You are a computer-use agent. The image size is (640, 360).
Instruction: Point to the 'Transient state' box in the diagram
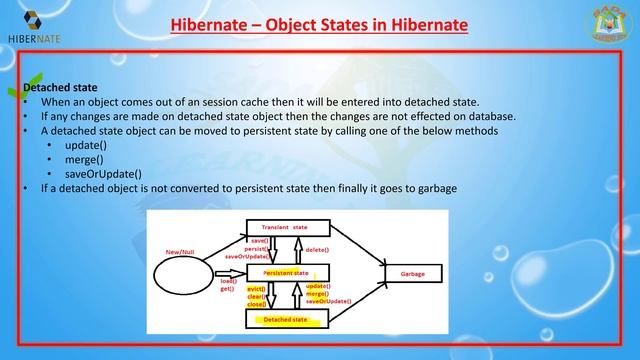click(x=284, y=228)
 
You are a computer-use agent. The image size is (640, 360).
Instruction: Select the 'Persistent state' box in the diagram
click(x=286, y=272)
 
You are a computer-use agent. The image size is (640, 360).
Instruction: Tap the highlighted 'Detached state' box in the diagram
click(x=284, y=320)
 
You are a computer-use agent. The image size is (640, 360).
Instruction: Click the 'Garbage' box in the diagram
click(x=411, y=273)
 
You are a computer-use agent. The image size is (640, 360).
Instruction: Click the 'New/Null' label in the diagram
click(x=180, y=251)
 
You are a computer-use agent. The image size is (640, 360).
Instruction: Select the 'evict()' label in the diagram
click(x=256, y=288)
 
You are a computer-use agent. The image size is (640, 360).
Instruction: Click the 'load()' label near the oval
click(x=227, y=281)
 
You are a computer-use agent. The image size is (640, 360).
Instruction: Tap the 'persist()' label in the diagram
click(x=256, y=248)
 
